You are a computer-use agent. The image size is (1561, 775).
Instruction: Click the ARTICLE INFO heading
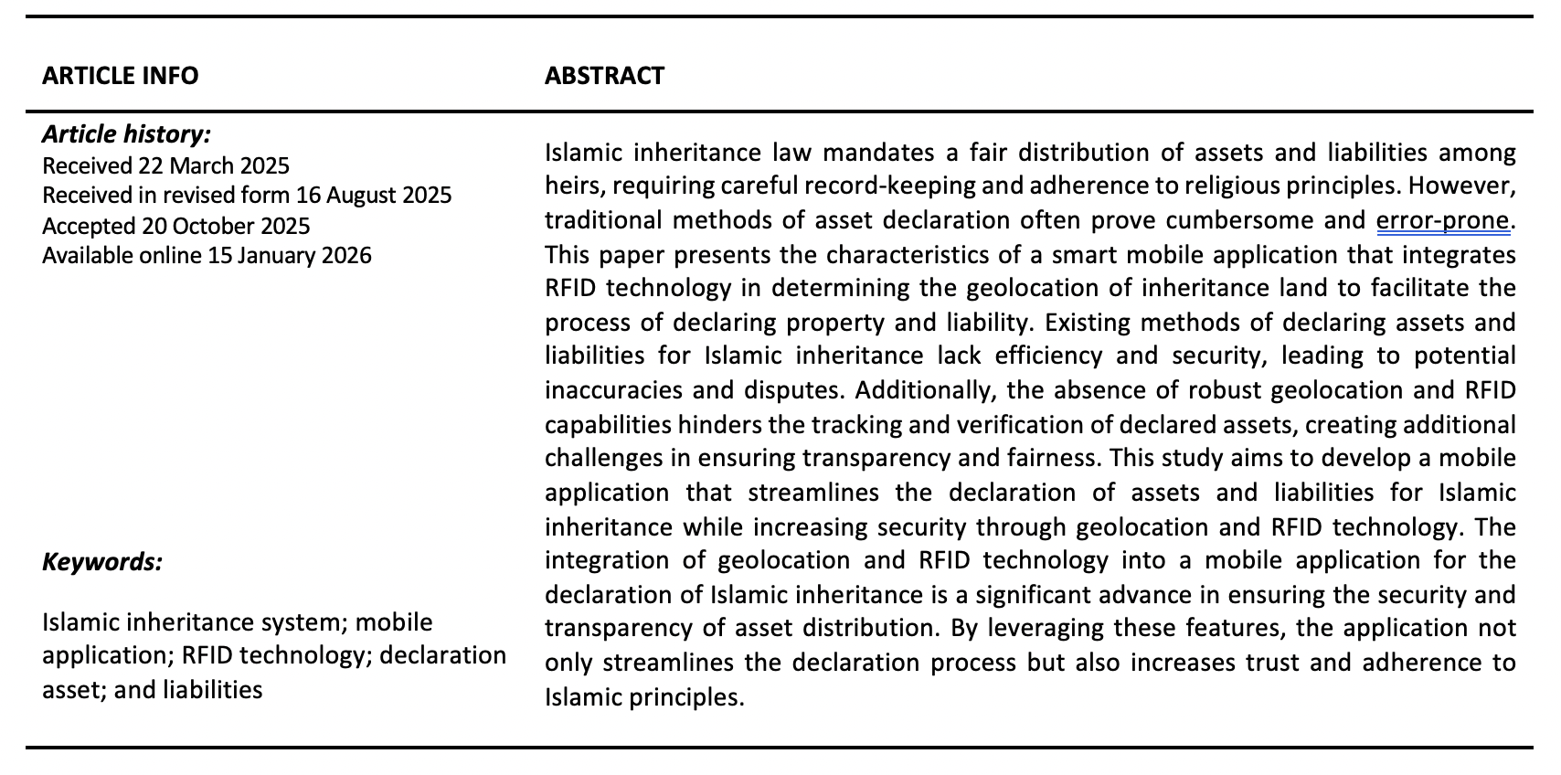[x=120, y=75]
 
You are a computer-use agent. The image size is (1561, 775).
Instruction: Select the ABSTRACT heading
[x=604, y=75]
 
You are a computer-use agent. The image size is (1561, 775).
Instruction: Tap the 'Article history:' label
[x=126, y=134]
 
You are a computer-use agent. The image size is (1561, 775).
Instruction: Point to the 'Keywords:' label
[x=102, y=561]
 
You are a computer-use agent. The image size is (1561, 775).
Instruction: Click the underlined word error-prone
[x=1442, y=220]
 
